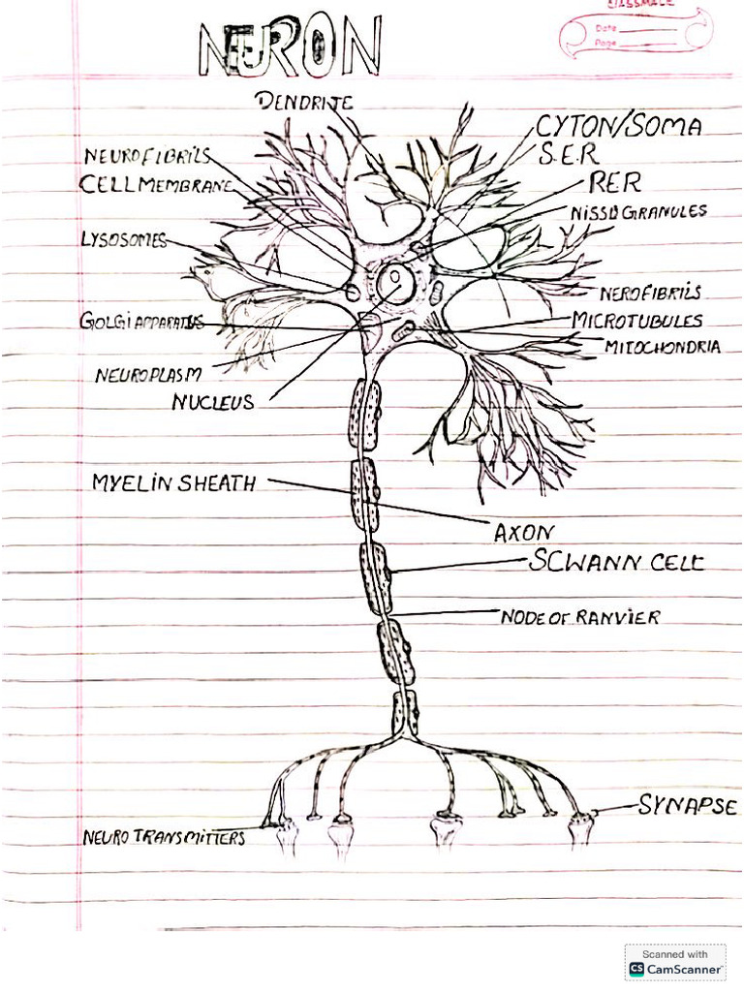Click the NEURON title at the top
point(291,48)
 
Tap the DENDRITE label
point(304,101)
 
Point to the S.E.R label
point(569,153)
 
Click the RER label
point(614,182)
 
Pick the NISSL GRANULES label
point(638,211)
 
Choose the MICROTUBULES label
point(636,320)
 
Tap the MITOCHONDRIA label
point(662,346)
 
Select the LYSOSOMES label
point(123,240)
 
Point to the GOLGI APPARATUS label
point(141,322)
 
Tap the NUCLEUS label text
point(213,402)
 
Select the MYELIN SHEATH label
point(174,482)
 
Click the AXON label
point(523,533)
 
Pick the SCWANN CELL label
point(616,562)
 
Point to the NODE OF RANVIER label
point(580,616)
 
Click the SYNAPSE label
point(687,806)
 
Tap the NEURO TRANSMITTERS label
point(164,837)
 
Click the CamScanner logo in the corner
point(675,963)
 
